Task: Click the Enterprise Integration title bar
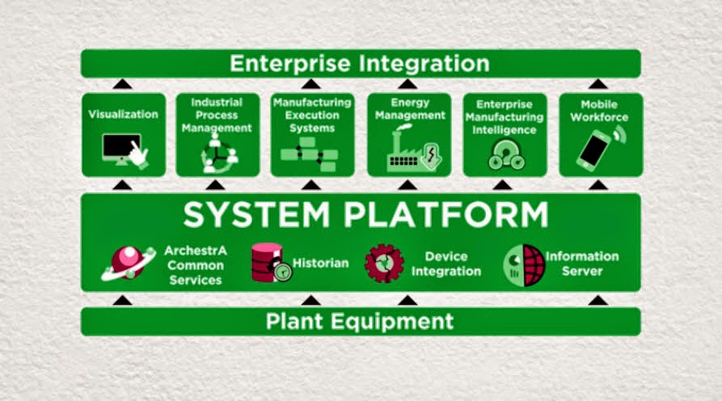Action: coord(360,63)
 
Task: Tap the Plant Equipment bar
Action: coord(360,321)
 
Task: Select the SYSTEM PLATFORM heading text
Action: coord(365,215)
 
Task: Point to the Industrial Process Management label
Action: coord(217,115)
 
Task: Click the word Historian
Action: coord(320,263)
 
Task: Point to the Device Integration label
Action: coord(441,264)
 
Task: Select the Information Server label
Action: coord(581,264)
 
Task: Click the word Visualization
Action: coord(123,114)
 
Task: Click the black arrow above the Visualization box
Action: coord(122,83)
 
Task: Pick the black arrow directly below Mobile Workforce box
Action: coord(598,184)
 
